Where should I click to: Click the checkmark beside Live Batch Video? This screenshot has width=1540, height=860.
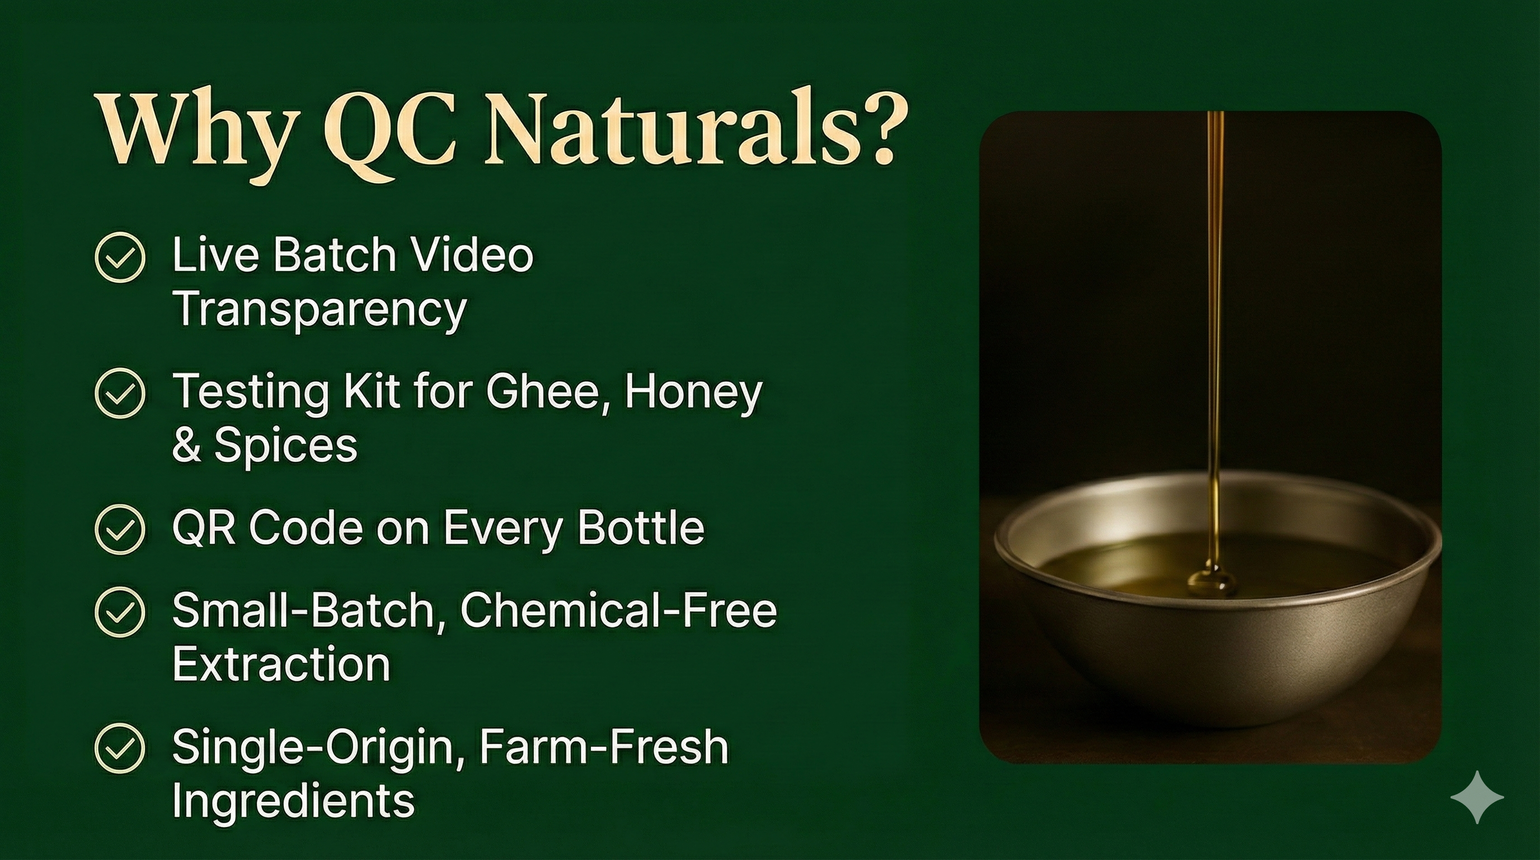tap(120, 257)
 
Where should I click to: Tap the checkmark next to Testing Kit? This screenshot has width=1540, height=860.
tap(120, 393)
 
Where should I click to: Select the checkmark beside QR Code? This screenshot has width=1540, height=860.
tap(120, 529)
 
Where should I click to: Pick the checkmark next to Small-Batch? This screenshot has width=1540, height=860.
tap(120, 611)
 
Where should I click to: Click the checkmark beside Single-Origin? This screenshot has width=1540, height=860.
tap(120, 747)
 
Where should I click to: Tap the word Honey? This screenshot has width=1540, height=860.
tap(693, 392)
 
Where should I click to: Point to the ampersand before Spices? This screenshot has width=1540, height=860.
tap(186, 446)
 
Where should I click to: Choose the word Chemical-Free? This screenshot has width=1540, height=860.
tap(618, 610)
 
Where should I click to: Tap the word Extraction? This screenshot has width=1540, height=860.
tap(281, 664)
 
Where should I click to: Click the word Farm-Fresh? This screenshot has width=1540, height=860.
tap(603, 746)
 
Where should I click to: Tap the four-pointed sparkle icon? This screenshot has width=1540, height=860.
tap(1477, 797)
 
